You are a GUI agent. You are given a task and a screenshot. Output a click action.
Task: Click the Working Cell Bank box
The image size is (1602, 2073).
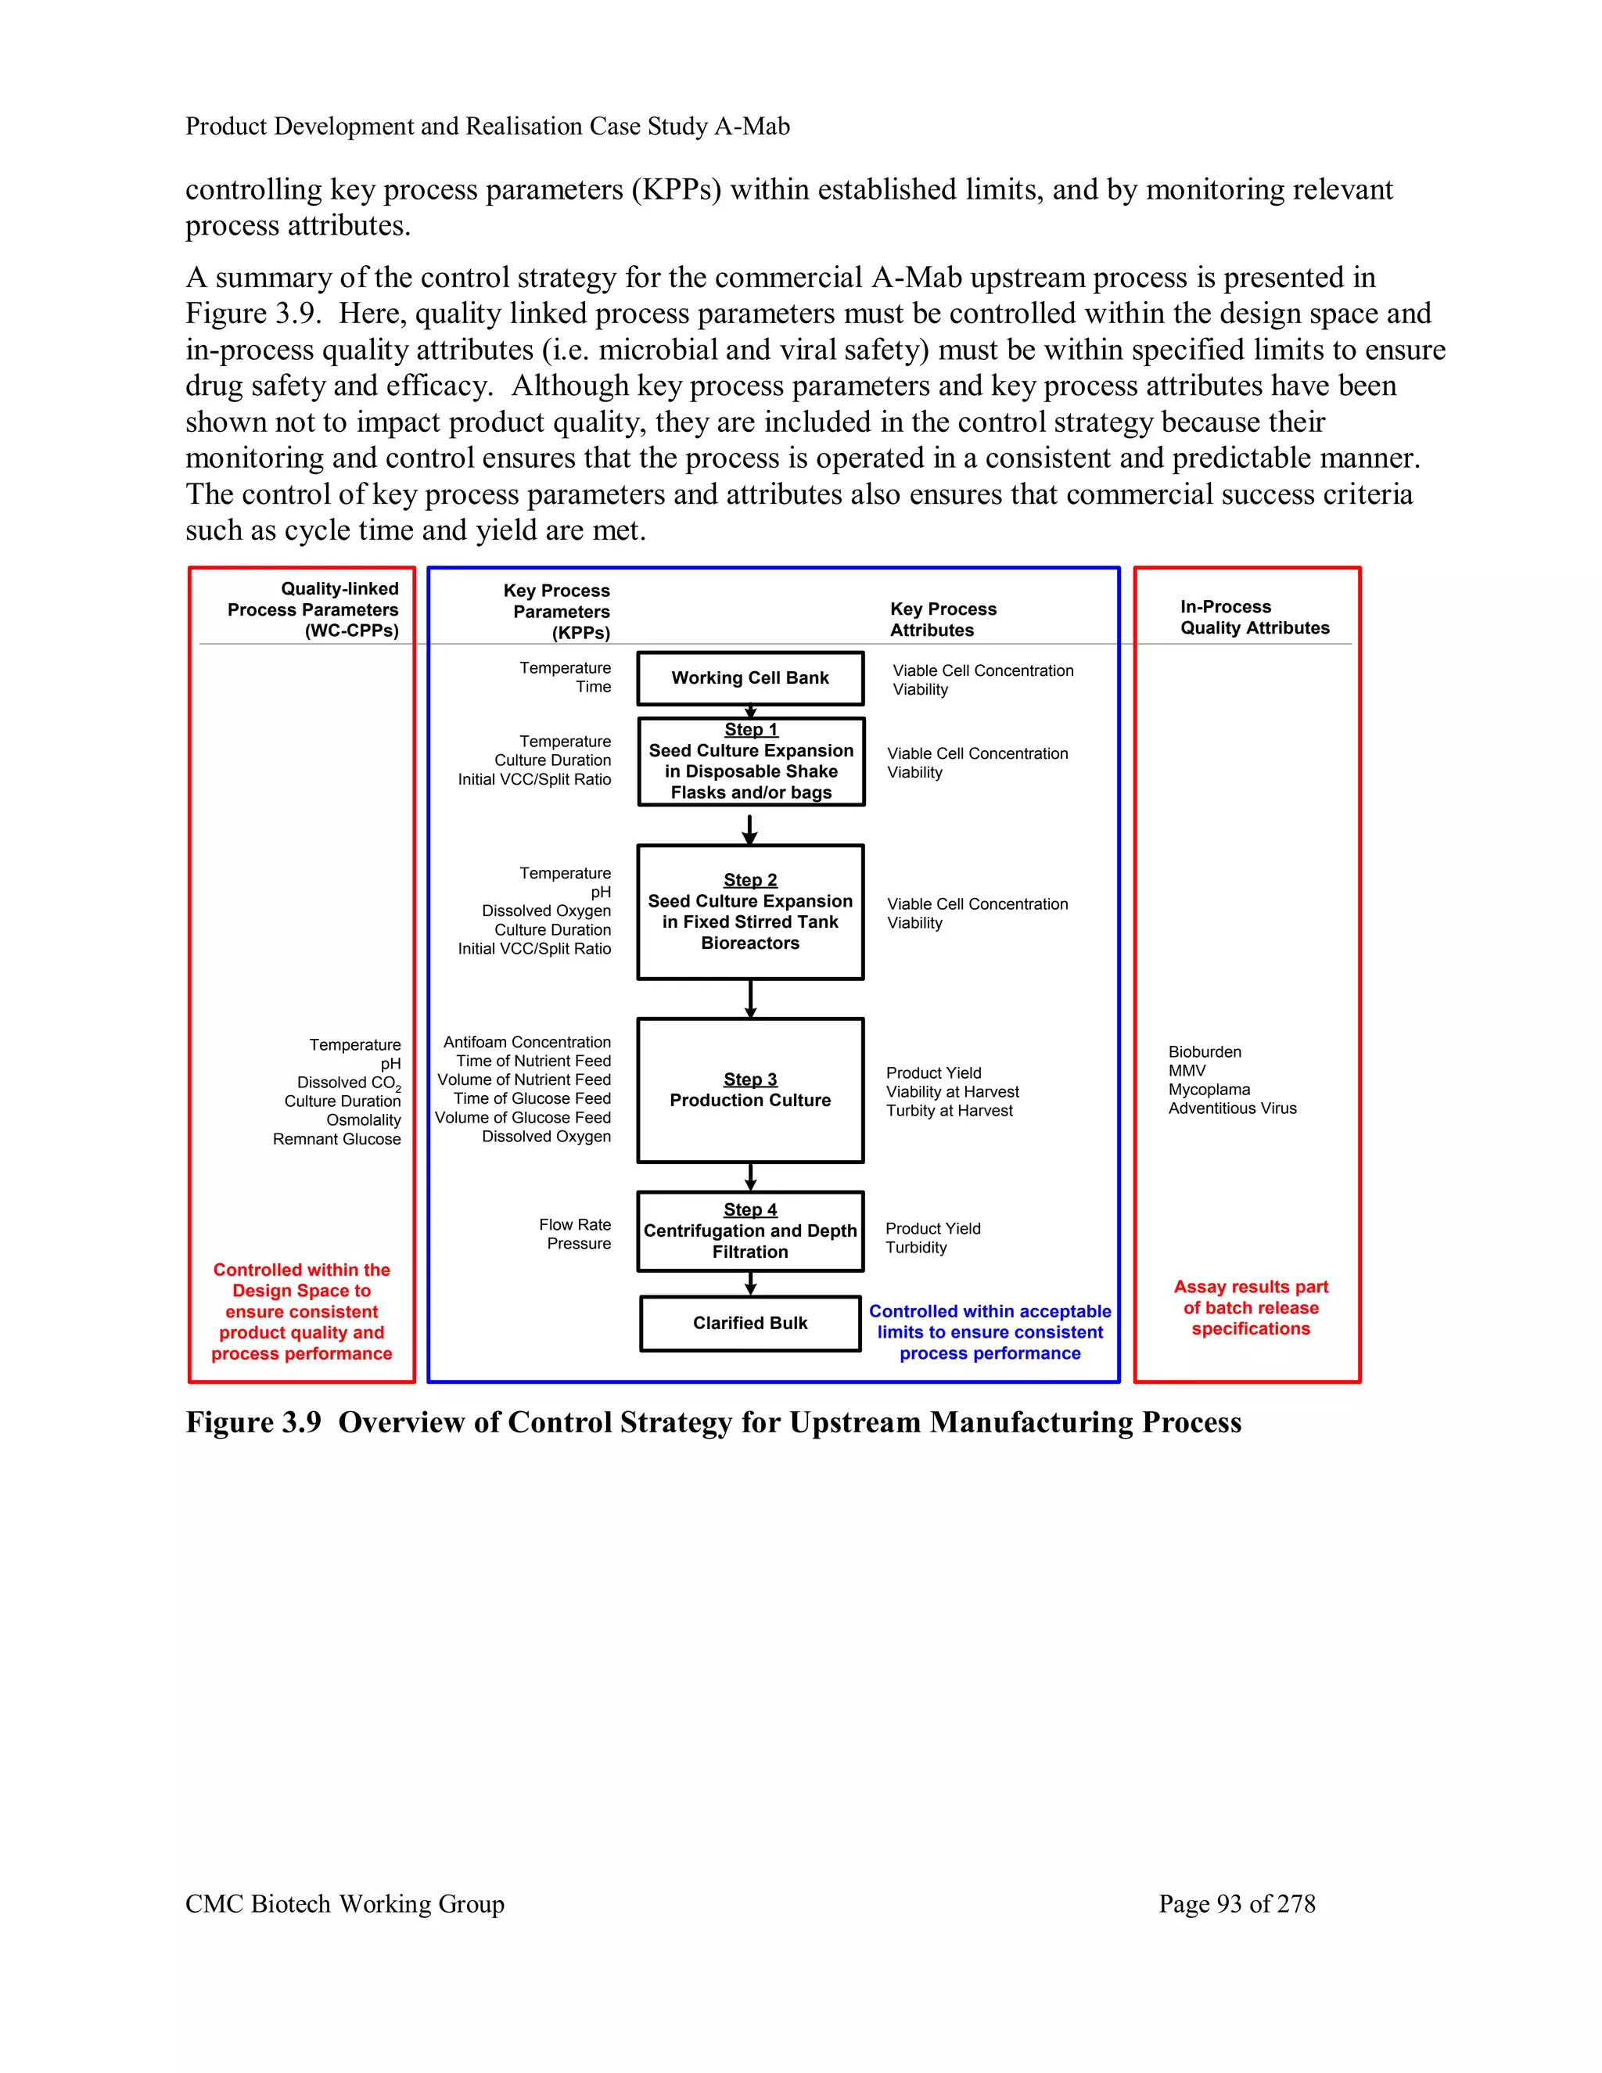pyautogui.click(x=749, y=677)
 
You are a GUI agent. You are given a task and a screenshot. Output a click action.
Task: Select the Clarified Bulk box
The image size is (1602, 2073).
pyautogui.click(x=749, y=1323)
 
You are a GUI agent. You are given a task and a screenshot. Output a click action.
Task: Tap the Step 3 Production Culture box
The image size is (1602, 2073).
pyautogui.click(x=749, y=1090)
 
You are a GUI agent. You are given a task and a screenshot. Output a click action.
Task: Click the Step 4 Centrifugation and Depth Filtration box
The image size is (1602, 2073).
pyautogui.click(x=749, y=1231)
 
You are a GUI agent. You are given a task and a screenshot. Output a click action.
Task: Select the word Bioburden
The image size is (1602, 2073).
pyautogui.click(x=1205, y=1051)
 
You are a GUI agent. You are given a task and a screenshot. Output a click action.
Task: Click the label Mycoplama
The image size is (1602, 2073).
pyautogui.click(x=1209, y=1090)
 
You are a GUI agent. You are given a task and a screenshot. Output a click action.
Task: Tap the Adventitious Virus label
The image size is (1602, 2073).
pyautogui.click(x=1232, y=1108)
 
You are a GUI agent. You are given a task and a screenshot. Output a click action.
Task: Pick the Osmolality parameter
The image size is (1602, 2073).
pyautogui.click(x=364, y=1120)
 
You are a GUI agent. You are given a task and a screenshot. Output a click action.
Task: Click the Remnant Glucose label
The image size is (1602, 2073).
pyautogui.click(x=337, y=1139)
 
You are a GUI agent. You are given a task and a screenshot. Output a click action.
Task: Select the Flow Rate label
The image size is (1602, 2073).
pyautogui.click(x=575, y=1225)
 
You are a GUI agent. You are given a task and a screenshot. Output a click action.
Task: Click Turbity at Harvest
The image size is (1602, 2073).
pyautogui.click(x=949, y=1111)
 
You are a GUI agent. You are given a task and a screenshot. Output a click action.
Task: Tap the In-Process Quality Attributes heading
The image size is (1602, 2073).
pyautogui.click(x=1254, y=617)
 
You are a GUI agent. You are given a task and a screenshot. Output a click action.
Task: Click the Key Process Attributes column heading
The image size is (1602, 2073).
pyautogui.click(x=943, y=620)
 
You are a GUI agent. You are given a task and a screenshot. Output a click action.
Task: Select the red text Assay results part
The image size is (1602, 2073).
pyautogui.click(x=1251, y=1287)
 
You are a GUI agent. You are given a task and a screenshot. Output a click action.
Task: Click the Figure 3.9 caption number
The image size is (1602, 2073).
pyautogui.click(x=253, y=1423)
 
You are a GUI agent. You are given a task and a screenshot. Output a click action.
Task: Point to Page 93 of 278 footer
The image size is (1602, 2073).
pyautogui.click(x=1237, y=1904)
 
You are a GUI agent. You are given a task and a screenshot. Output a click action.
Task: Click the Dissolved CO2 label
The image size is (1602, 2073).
pyautogui.click(x=348, y=1083)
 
